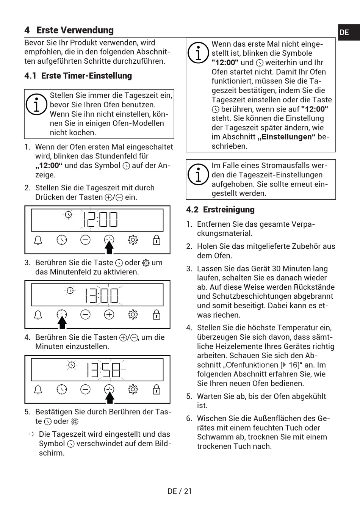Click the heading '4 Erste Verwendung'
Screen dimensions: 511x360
tap(69, 30)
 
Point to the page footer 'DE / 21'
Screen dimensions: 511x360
tap(180, 491)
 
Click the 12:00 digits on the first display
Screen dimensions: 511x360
tap(100, 219)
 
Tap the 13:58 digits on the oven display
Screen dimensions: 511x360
tap(103, 370)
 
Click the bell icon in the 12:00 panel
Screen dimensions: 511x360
tap(38, 240)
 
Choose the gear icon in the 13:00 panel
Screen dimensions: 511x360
tap(133, 315)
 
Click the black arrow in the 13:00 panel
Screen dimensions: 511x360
tap(62, 323)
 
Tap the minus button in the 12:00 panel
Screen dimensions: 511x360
tap(86, 240)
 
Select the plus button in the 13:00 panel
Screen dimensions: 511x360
tap(109, 315)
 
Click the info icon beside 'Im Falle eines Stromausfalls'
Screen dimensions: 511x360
tap(198, 174)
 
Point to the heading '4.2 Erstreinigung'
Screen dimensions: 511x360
tap(220, 210)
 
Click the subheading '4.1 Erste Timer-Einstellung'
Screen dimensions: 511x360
tap(78, 76)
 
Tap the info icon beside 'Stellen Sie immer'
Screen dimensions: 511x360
tap(36, 104)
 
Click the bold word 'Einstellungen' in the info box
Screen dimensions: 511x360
tap(286, 137)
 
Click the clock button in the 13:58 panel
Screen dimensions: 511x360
tap(62, 389)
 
